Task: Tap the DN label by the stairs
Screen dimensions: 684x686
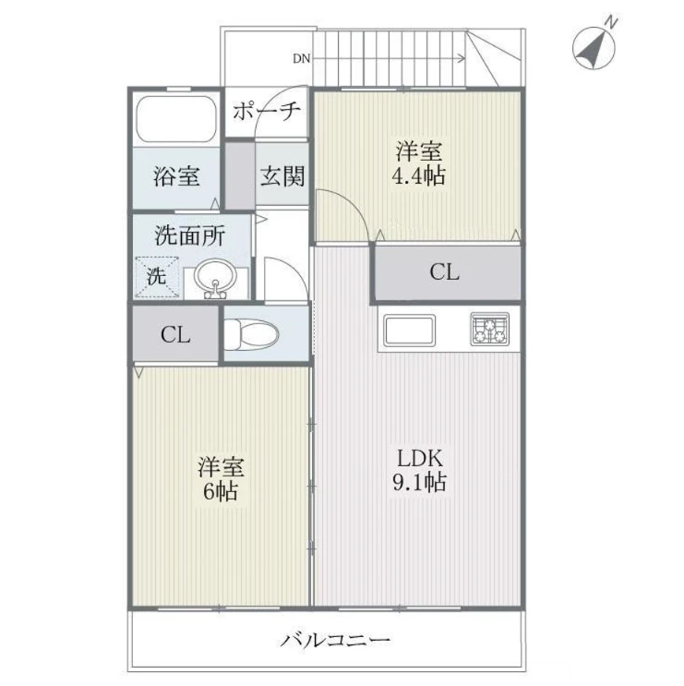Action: (301, 58)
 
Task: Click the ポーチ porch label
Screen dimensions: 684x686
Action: (267, 111)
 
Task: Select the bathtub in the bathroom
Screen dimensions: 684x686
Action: (176, 119)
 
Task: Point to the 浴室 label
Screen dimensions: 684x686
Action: (176, 176)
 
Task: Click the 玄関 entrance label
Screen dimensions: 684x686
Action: (282, 176)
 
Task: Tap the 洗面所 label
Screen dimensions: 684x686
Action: (190, 235)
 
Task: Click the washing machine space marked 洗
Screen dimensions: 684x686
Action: (157, 276)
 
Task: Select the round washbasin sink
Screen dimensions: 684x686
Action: (215, 279)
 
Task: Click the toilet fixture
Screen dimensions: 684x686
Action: (251, 334)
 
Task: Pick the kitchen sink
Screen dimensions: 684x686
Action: (410, 331)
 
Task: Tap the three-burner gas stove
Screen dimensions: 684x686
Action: (490, 329)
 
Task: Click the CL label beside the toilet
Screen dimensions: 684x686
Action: (175, 335)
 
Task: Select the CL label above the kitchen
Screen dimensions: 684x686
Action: (444, 272)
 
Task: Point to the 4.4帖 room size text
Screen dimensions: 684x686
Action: (418, 175)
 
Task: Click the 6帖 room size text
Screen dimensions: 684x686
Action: (221, 491)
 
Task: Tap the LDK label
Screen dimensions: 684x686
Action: (420, 459)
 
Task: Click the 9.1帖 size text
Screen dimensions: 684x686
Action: (419, 482)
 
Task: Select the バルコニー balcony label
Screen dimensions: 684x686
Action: (335, 641)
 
